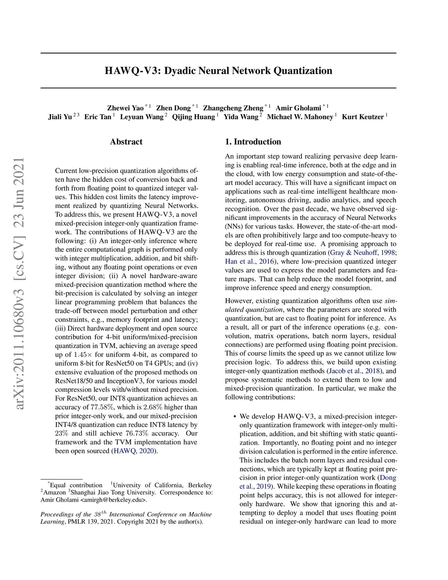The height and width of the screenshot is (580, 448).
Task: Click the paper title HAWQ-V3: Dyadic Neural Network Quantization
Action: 218,71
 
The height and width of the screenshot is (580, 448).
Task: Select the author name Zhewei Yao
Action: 125,108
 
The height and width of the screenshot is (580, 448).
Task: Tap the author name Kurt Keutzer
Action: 363,117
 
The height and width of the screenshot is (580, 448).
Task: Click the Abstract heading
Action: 126,142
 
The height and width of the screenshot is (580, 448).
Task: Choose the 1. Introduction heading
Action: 253,142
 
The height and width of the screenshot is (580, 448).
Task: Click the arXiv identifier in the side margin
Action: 19,284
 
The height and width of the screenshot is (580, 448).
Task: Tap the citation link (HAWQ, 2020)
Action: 135,451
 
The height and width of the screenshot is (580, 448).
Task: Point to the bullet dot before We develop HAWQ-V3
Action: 235,417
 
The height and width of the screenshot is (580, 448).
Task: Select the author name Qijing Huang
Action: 193,117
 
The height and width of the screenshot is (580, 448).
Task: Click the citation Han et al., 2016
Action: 249,262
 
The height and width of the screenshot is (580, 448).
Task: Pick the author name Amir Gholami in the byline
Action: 298,108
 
